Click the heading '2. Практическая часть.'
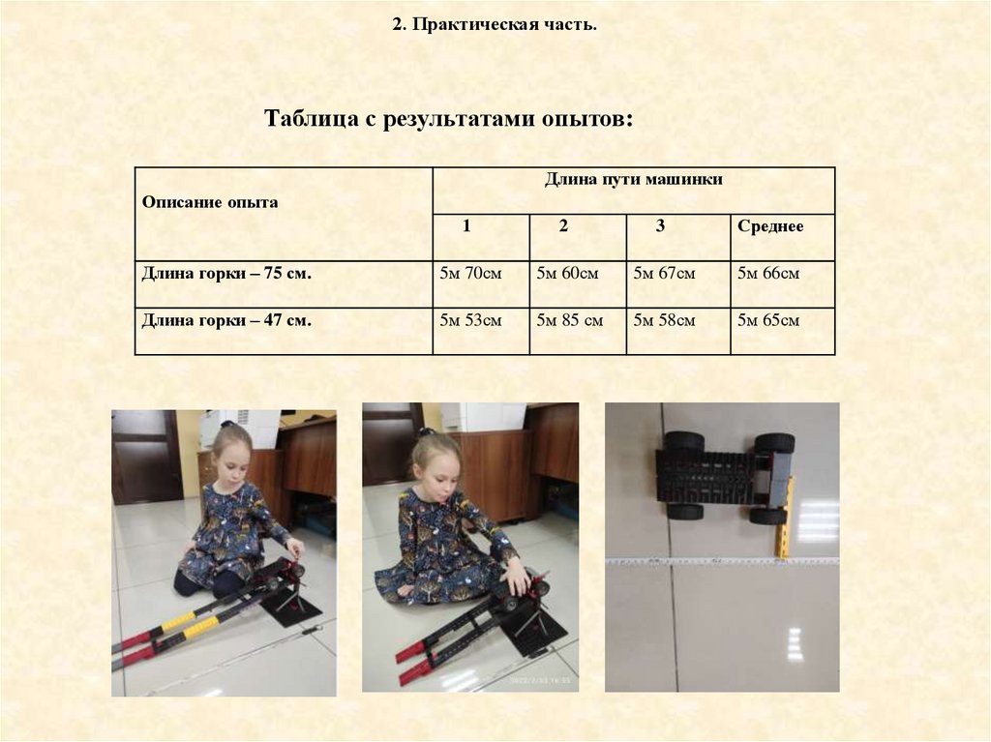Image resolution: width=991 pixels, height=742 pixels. tap(495, 24)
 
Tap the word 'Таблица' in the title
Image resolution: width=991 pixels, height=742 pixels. tap(311, 118)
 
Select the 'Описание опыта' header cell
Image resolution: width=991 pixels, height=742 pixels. tap(210, 202)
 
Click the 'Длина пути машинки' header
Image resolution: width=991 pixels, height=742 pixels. tap(634, 180)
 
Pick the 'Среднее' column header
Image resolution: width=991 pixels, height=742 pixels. tap(770, 226)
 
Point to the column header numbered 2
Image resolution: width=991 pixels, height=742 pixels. tap(563, 225)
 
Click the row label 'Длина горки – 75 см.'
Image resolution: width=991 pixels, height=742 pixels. tap(226, 273)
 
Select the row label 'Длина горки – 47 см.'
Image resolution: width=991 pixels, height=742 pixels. tap(226, 320)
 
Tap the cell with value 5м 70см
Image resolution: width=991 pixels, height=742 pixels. tap(471, 273)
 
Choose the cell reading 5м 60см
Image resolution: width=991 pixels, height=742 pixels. tap(567, 273)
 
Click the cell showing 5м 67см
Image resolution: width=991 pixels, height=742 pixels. tap(664, 273)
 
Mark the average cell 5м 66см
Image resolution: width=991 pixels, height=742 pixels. tap(768, 273)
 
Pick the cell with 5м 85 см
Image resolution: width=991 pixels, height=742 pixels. tap(570, 320)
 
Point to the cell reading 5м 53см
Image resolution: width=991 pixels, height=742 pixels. tap(471, 320)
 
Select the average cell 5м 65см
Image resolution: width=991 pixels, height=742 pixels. tap(768, 320)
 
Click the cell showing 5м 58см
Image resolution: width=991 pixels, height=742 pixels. tap(664, 320)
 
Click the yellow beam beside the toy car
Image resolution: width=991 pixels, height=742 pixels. tap(784, 517)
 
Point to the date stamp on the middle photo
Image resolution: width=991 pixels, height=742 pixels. tap(540, 681)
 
